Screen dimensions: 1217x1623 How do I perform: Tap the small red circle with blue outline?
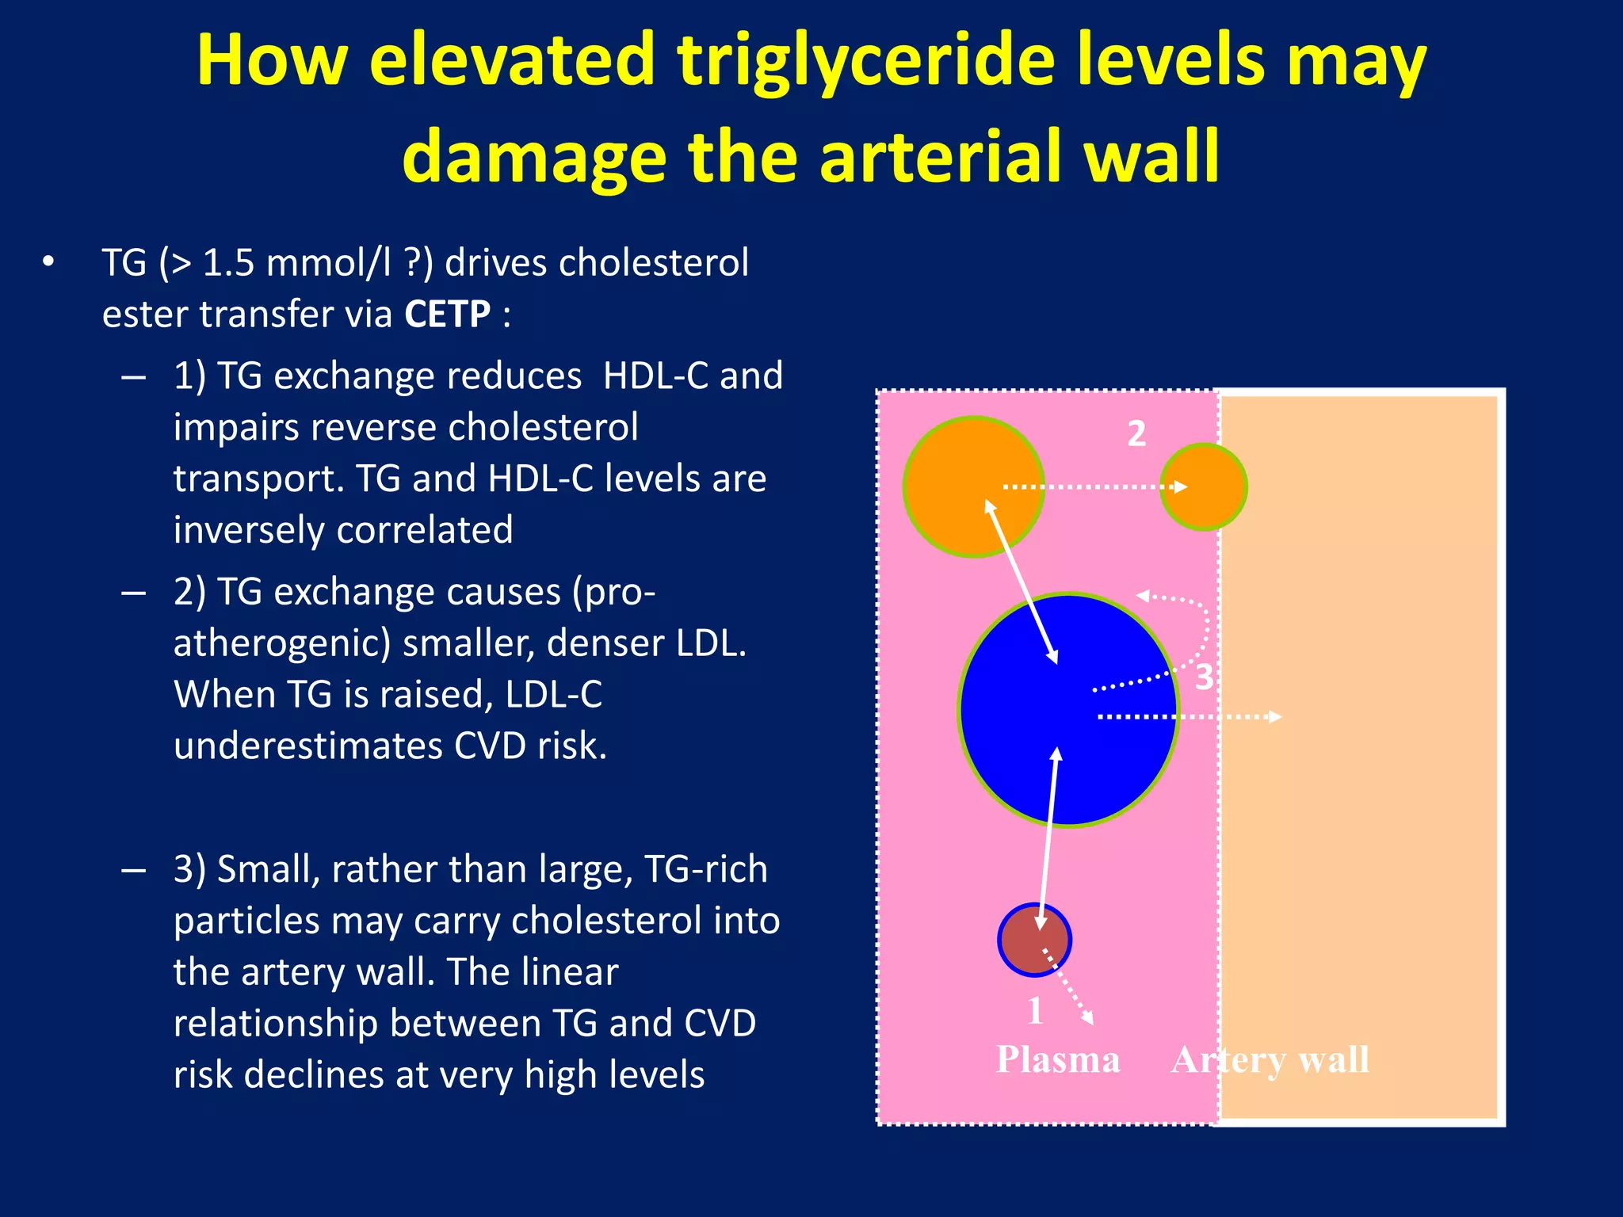click(x=1033, y=940)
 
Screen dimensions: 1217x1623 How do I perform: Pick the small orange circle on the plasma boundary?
click(x=1203, y=486)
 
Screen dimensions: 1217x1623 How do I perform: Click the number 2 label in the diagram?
click(x=1136, y=433)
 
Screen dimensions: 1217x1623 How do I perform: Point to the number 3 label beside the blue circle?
click(x=1204, y=677)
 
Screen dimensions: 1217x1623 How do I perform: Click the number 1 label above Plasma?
click(x=1035, y=1011)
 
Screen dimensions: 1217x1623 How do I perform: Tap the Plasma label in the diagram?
click(x=1058, y=1060)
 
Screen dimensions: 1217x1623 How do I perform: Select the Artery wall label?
click(x=1270, y=1060)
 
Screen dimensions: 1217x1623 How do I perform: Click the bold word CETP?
click(x=448, y=314)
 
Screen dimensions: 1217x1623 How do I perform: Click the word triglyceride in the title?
click(x=866, y=62)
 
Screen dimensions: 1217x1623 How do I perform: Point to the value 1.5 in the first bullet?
click(x=229, y=263)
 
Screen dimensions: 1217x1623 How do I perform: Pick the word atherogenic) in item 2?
click(x=282, y=643)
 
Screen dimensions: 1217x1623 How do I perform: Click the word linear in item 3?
click(x=569, y=971)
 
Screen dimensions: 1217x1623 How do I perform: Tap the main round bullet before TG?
click(x=48, y=262)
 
